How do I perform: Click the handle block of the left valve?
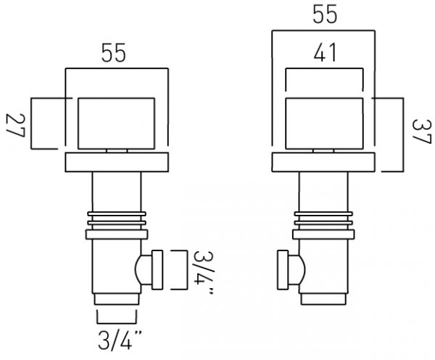(x=116, y=123)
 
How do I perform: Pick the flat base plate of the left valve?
(x=116, y=163)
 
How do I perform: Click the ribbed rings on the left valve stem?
(x=116, y=219)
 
